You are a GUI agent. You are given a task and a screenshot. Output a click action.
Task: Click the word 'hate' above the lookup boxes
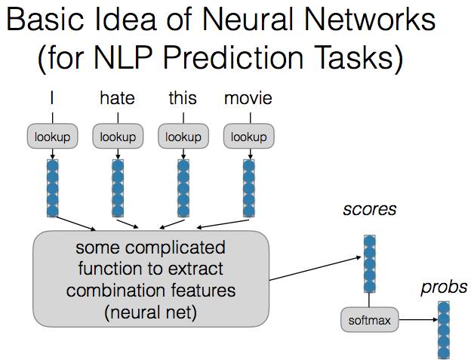(x=116, y=98)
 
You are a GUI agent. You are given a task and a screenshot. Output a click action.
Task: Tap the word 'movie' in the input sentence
(x=248, y=98)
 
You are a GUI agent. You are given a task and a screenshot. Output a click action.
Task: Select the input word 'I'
(x=51, y=98)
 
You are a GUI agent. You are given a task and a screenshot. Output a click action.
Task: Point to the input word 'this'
(x=183, y=98)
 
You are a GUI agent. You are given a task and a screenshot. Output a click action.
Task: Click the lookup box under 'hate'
(x=118, y=137)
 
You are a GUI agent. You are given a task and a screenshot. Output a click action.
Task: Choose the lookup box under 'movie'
(x=249, y=137)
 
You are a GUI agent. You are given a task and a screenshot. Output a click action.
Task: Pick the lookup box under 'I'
(x=52, y=137)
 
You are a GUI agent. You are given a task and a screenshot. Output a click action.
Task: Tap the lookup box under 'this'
(x=183, y=137)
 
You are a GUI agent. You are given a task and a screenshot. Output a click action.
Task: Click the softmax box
(x=369, y=321)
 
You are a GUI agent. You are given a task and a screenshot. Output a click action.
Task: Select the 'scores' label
(x=369, y=208)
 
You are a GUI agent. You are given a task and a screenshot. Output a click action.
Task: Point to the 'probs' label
(x=444, y=288)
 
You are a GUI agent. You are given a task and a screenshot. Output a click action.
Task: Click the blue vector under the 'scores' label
(x=369, y=263)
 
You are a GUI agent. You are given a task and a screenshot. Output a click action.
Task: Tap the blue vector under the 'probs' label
(x=444, y=330)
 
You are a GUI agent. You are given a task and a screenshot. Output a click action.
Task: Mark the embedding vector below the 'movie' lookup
(x=249, y=187)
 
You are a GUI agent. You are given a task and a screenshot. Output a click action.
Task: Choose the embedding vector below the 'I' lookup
(x=52, y=187)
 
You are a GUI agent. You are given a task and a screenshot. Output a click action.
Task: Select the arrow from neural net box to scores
(x=316, y=269)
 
